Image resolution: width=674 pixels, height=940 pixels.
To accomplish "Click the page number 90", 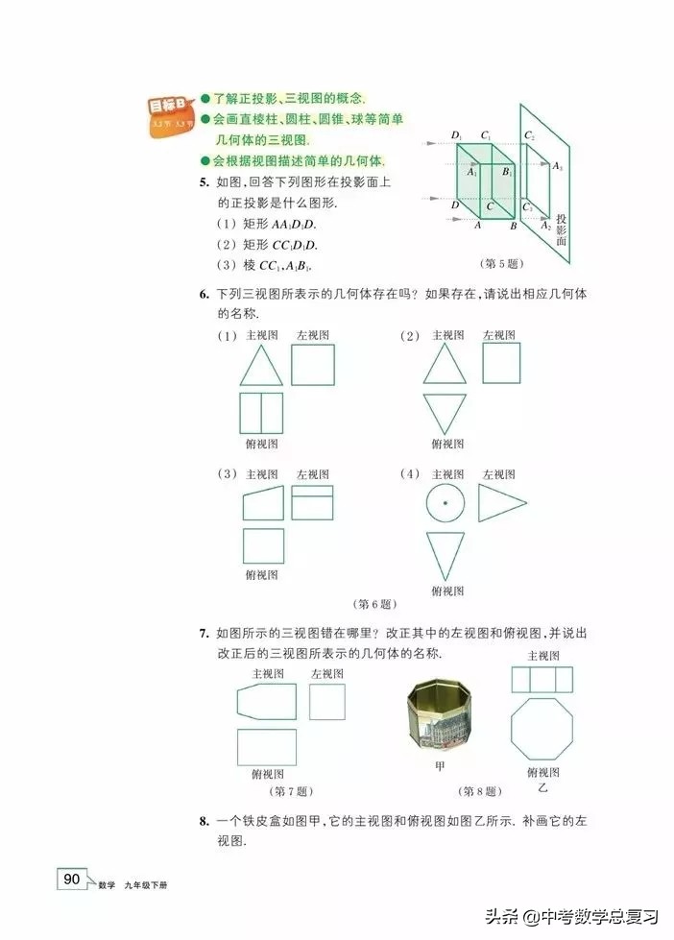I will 73,879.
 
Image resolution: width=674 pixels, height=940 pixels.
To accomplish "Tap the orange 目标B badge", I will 172,114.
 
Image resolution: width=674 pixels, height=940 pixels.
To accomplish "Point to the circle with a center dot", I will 444,504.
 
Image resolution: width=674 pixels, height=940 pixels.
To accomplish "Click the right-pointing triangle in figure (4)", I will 501,503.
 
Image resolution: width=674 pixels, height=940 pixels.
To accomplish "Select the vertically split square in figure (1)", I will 261,413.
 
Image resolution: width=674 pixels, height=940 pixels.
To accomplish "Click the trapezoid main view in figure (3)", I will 262,502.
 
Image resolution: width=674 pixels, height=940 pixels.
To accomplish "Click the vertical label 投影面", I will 562,229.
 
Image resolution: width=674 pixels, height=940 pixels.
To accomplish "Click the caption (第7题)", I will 288,792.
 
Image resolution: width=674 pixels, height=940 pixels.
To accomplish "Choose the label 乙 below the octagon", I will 542,789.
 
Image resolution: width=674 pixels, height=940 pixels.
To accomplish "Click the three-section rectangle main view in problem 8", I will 542,680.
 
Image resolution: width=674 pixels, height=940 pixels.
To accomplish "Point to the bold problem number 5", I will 204,182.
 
